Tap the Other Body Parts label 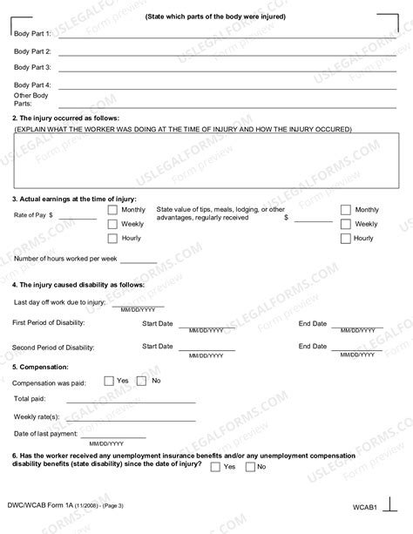31,99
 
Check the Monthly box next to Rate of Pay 112,210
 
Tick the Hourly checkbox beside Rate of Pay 112,238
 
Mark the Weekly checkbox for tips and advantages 345,224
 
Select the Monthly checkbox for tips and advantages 345,210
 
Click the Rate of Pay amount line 78,217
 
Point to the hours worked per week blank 139,260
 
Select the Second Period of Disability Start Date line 206,348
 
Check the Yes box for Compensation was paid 109,380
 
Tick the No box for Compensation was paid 145,380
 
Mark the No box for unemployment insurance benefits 250,466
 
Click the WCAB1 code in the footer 364,507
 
